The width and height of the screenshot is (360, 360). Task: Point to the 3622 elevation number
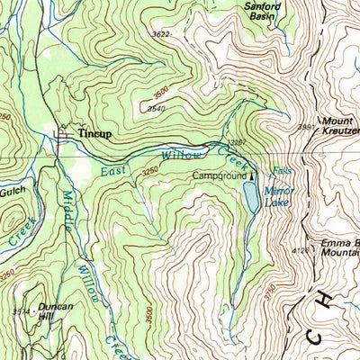(x=161, y=34)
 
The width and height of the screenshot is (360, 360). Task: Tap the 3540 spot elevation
(x=156, y=109)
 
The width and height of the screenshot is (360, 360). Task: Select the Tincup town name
(x=94, y=133)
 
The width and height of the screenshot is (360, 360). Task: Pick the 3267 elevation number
(x=238, y=141)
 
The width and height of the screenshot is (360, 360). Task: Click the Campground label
(x=220, y=177)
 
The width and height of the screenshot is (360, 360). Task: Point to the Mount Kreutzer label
(x=338, y=126)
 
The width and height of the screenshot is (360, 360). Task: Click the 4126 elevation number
(x=301, y=251)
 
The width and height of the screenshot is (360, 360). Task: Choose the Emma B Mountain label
(x=337, y=247)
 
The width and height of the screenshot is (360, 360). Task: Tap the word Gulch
(x=14, y=191)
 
